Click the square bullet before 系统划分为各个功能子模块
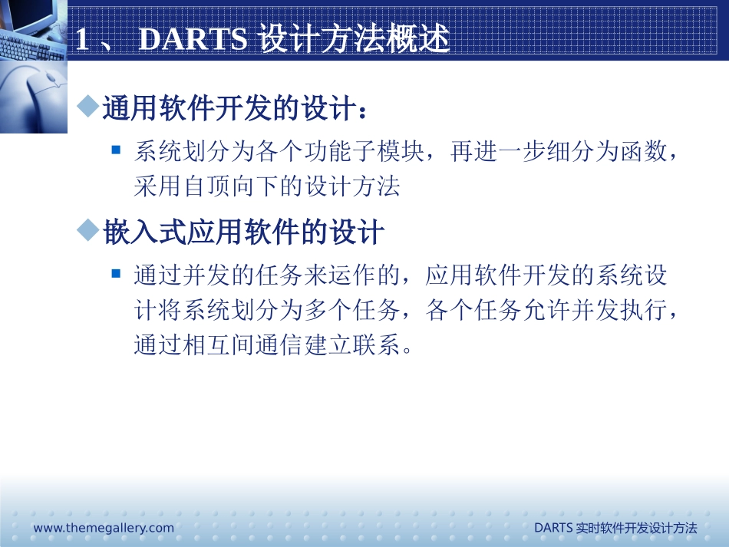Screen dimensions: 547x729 (x=116, y=150)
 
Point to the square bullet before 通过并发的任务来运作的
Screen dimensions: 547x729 (x=116, y=273)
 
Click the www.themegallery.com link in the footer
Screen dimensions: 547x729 (x=104, y=528)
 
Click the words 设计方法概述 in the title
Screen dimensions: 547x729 (x=355, y=40)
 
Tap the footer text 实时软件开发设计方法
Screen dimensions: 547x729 (x=636, y=528)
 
